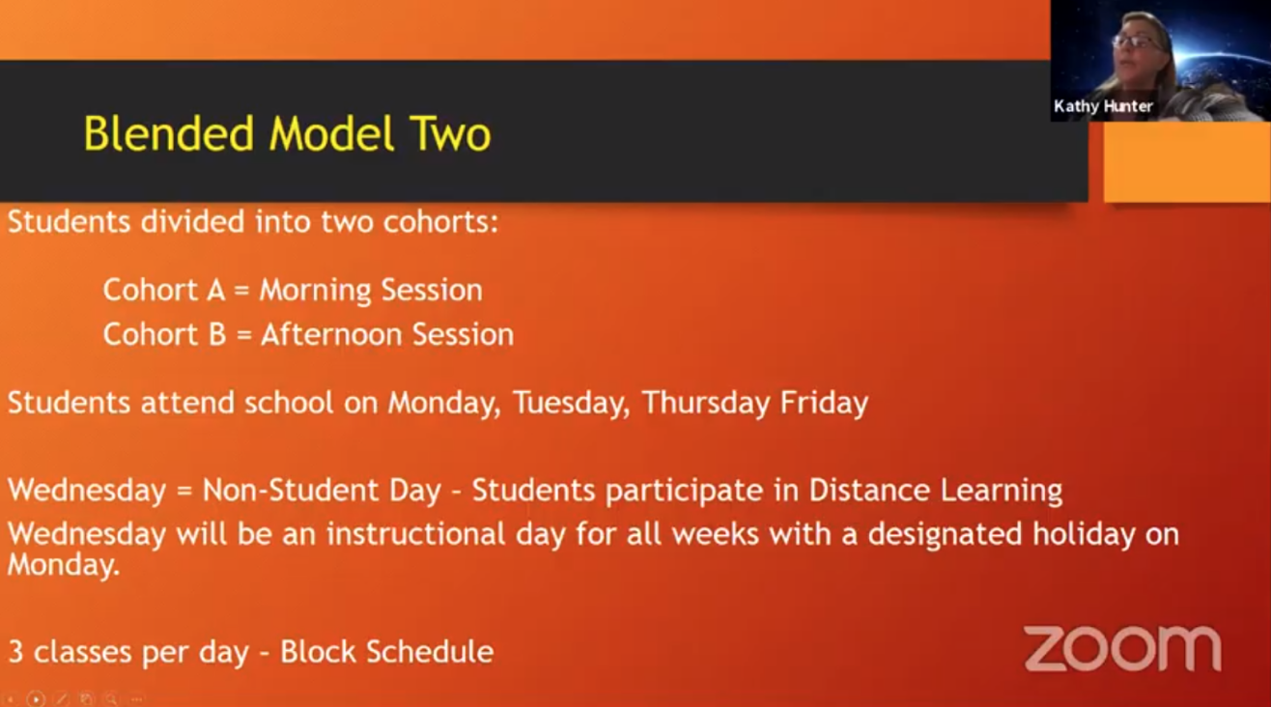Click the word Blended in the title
point(168,134)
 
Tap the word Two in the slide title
point(449,134)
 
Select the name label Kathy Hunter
point(1103,106)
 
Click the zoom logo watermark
point(1122,648)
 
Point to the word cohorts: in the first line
point(440,221)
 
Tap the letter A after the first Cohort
point(215,290)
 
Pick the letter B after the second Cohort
point(217,334)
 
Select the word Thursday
point(706,404)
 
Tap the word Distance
point(869,490)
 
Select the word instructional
point(416,534)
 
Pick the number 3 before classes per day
point(15,652)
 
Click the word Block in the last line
point(318,651)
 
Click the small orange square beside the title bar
point(1186,162)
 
